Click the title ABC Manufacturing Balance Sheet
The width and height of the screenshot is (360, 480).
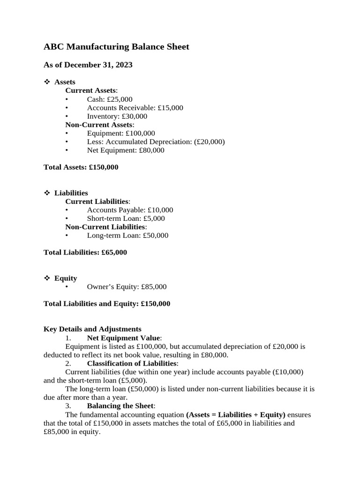116,46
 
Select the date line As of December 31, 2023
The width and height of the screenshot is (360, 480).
88,65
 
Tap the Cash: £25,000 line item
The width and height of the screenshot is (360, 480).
110,99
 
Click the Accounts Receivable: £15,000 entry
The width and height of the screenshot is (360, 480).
135,108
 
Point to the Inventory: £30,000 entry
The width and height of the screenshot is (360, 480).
117,116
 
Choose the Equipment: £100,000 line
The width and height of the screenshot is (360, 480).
121,134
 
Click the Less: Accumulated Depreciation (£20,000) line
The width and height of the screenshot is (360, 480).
156,142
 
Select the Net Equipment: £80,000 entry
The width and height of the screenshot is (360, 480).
126,150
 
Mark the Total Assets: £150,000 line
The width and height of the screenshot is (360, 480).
81,167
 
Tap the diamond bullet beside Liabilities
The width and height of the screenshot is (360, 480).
47,193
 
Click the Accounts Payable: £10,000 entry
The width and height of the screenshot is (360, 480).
130,210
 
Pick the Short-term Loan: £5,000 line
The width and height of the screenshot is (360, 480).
126,218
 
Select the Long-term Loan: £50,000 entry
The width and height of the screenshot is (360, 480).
127,235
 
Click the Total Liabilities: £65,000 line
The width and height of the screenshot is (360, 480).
85,252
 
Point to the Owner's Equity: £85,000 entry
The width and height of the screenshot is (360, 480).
127,287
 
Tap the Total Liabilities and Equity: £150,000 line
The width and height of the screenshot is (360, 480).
107,304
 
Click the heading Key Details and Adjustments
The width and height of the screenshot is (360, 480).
92,329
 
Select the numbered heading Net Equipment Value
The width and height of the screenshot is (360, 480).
124,338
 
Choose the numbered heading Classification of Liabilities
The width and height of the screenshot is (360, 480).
132,363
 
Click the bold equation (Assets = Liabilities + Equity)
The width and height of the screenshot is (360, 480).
236,415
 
